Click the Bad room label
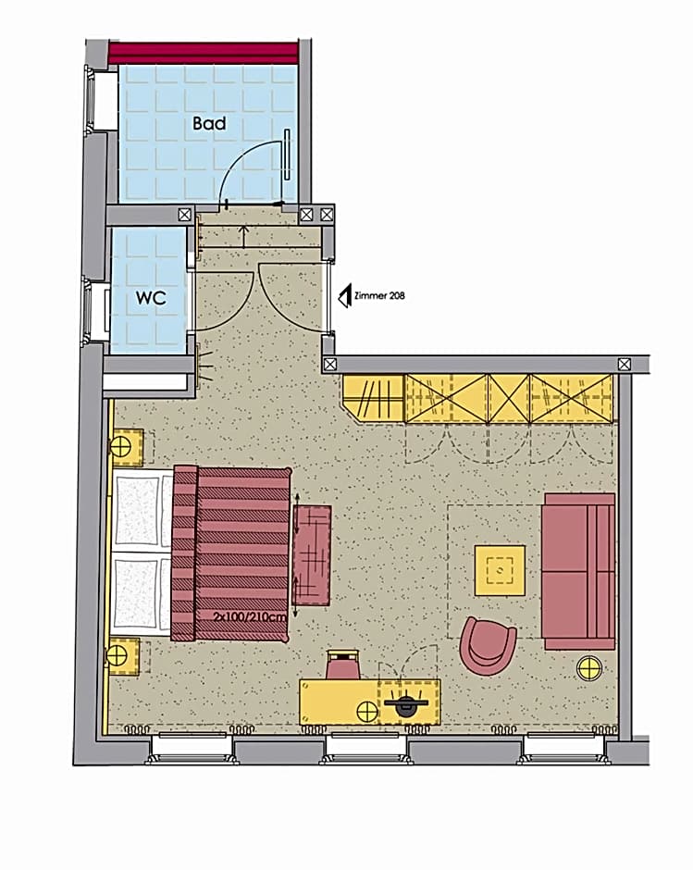209,123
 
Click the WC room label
151,298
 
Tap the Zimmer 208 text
379,296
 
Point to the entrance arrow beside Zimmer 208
344,296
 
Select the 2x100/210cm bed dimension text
250,616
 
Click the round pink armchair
488,646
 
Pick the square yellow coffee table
500,570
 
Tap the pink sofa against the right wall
578,571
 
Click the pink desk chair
343,665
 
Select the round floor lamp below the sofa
589,669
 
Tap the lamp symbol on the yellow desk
367,712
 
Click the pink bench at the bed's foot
312,554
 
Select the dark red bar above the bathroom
204,54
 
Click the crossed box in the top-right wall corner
625,365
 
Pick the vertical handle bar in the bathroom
287,155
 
